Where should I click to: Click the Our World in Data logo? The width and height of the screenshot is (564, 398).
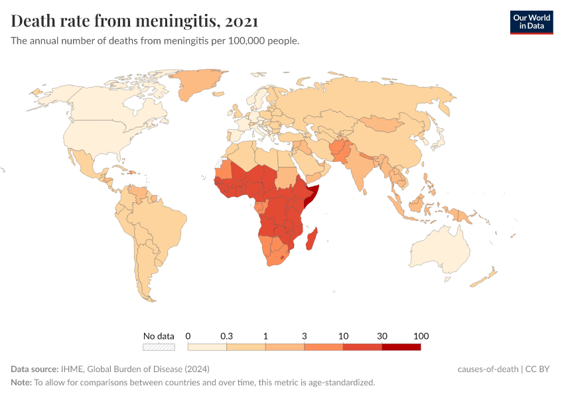click(531, 22)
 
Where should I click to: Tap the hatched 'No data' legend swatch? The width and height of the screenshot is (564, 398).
click(159, 346)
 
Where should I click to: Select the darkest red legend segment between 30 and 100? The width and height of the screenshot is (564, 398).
click(401, 346)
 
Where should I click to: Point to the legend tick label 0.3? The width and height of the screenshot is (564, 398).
click(227, 336)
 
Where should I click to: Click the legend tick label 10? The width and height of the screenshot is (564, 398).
click(343, 336)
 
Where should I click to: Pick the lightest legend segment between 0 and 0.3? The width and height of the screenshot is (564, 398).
click(208, 346)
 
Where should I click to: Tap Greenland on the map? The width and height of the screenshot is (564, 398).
click(199, 83)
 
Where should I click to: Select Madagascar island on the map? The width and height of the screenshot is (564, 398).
click(311, 238)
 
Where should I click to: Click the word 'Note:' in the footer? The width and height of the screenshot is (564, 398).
click(21, 383)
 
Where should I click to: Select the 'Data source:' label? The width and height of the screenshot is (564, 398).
click(35, 369)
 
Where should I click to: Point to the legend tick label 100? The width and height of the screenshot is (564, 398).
click(421, 336)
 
